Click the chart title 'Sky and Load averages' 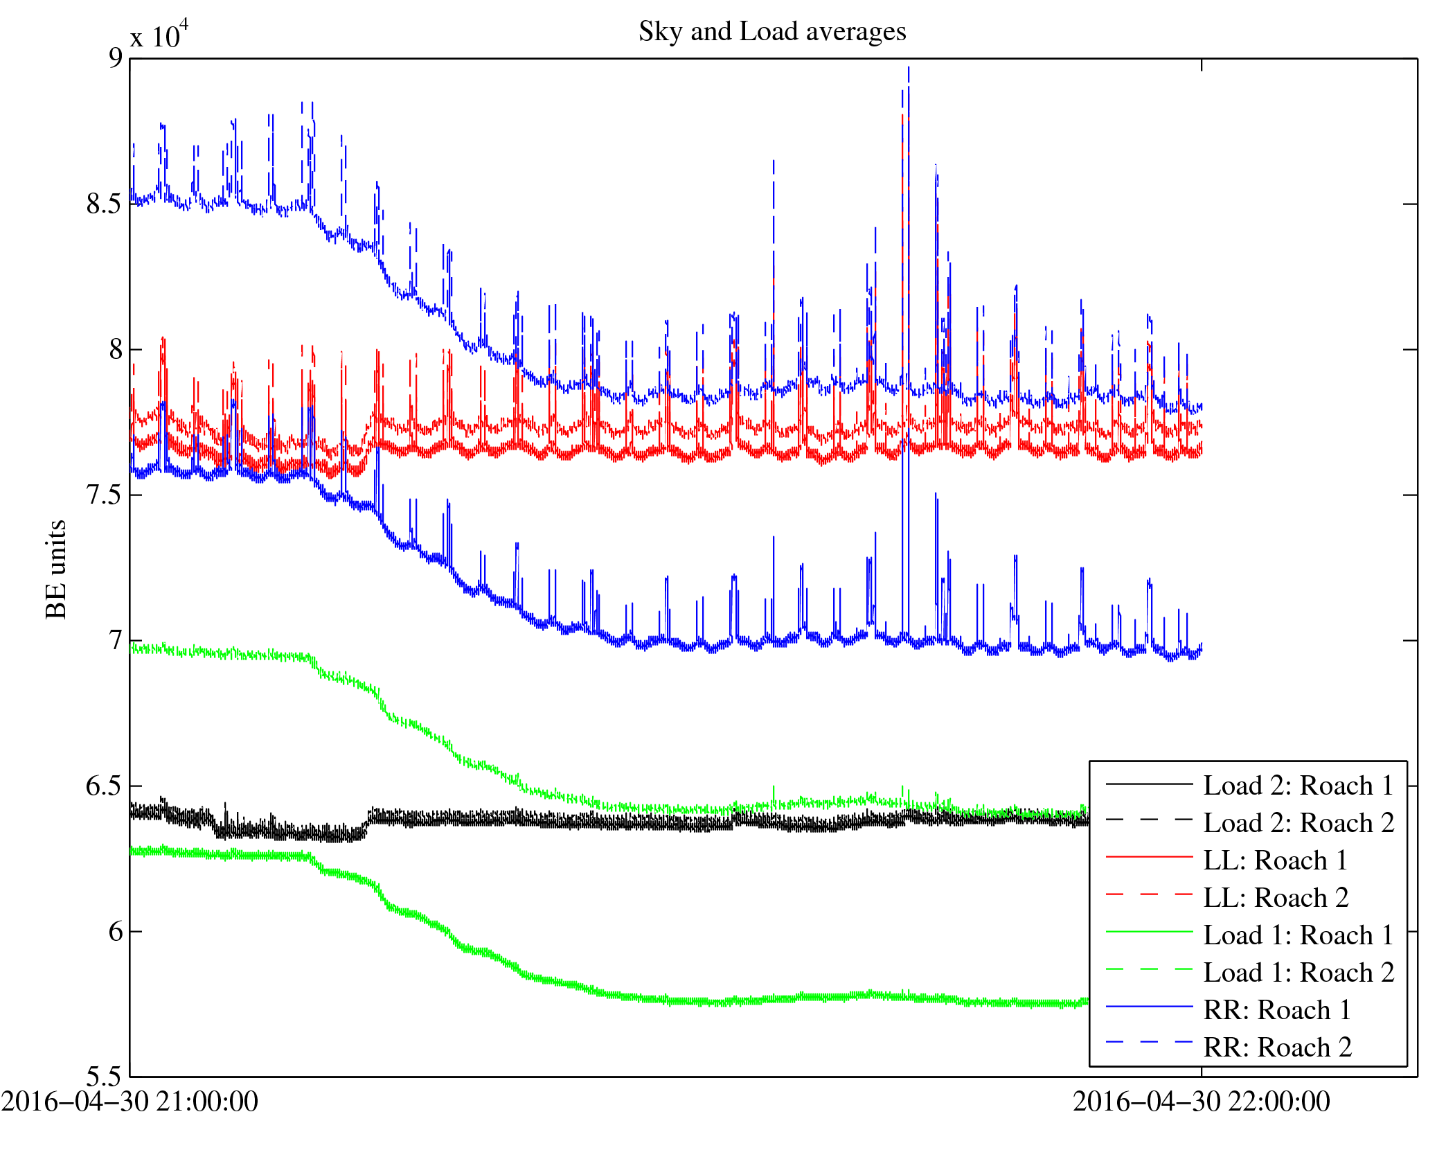[x=772, y=32]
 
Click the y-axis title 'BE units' [x=56, y=569]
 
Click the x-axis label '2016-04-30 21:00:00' [x=130, y=1102]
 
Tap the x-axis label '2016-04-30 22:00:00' [x=1202, y=1102]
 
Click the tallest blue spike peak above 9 [x=908, y=68]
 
